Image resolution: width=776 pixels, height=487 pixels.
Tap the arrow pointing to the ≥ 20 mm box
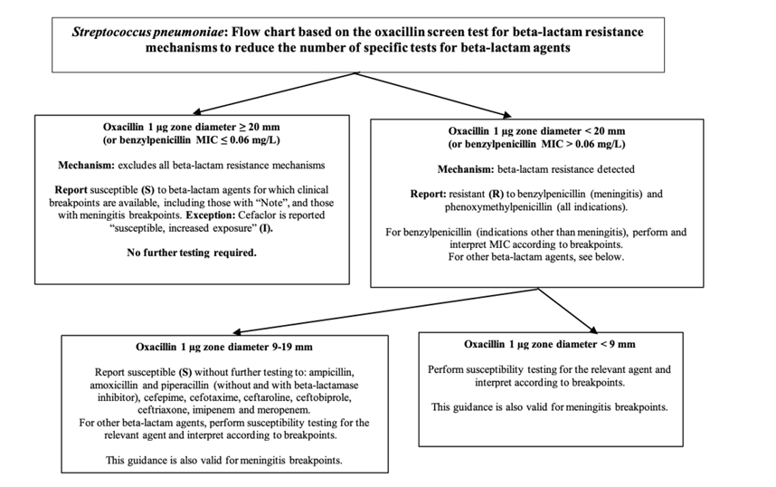pos(274,92)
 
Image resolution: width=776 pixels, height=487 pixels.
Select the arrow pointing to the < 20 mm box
pos(433,95)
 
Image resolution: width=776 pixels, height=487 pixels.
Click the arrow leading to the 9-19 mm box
pos(385,310)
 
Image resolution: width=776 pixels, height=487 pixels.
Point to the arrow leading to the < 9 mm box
pos(568,310)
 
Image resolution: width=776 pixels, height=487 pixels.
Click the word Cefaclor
pos(257,215)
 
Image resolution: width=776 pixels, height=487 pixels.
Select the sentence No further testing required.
pos(192,253)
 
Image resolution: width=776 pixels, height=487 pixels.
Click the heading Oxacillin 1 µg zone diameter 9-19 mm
pos(224,347)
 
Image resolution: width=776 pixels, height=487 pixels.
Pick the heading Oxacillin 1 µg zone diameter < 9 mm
pos(550,344)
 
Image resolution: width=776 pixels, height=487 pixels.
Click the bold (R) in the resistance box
pos(497,195)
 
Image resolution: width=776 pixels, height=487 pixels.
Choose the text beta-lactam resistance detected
pos(565,169)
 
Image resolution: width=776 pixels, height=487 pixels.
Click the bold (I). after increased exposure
pos(266,228)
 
